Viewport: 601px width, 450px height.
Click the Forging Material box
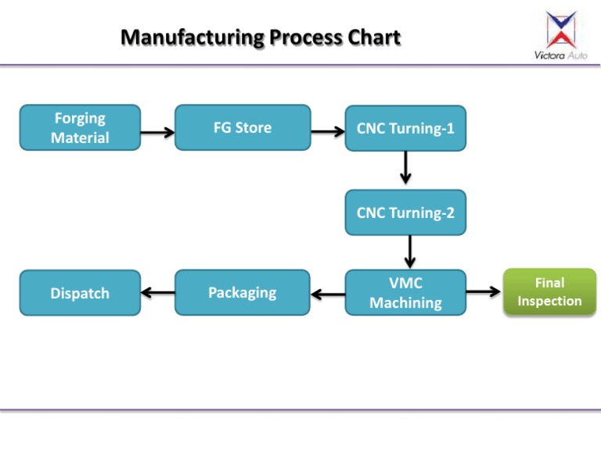click(x=80, y=127)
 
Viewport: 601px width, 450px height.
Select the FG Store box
click(x=243, y=127)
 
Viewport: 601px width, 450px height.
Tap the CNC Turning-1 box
click(x=405, y=128)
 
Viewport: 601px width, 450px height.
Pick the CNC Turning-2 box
click(x=405, y=212)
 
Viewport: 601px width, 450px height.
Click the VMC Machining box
click(x=405, y=293)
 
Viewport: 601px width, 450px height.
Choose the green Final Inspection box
click(x=549, y=291)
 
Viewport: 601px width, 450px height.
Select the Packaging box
click(x=243, y=293)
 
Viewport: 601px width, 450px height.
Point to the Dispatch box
click(x=80, y=294)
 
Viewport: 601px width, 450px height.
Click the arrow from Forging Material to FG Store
click(x=157, y=133)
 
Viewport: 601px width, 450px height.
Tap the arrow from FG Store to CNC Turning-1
click(x=328, y=133)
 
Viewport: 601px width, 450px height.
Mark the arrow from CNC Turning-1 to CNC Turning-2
click(x=405, y=167)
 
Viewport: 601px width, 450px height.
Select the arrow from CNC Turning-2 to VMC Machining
click(x=409, y=252)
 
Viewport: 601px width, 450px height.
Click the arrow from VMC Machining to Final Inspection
click(x=484, y=292)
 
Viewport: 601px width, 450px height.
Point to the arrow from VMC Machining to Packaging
click(x=328, y=295)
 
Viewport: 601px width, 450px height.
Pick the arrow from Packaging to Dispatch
click(x=158, y=293)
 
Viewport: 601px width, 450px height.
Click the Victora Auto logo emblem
click(x=561, y=29)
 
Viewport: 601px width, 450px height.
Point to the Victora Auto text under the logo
click(x=560, y=55)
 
